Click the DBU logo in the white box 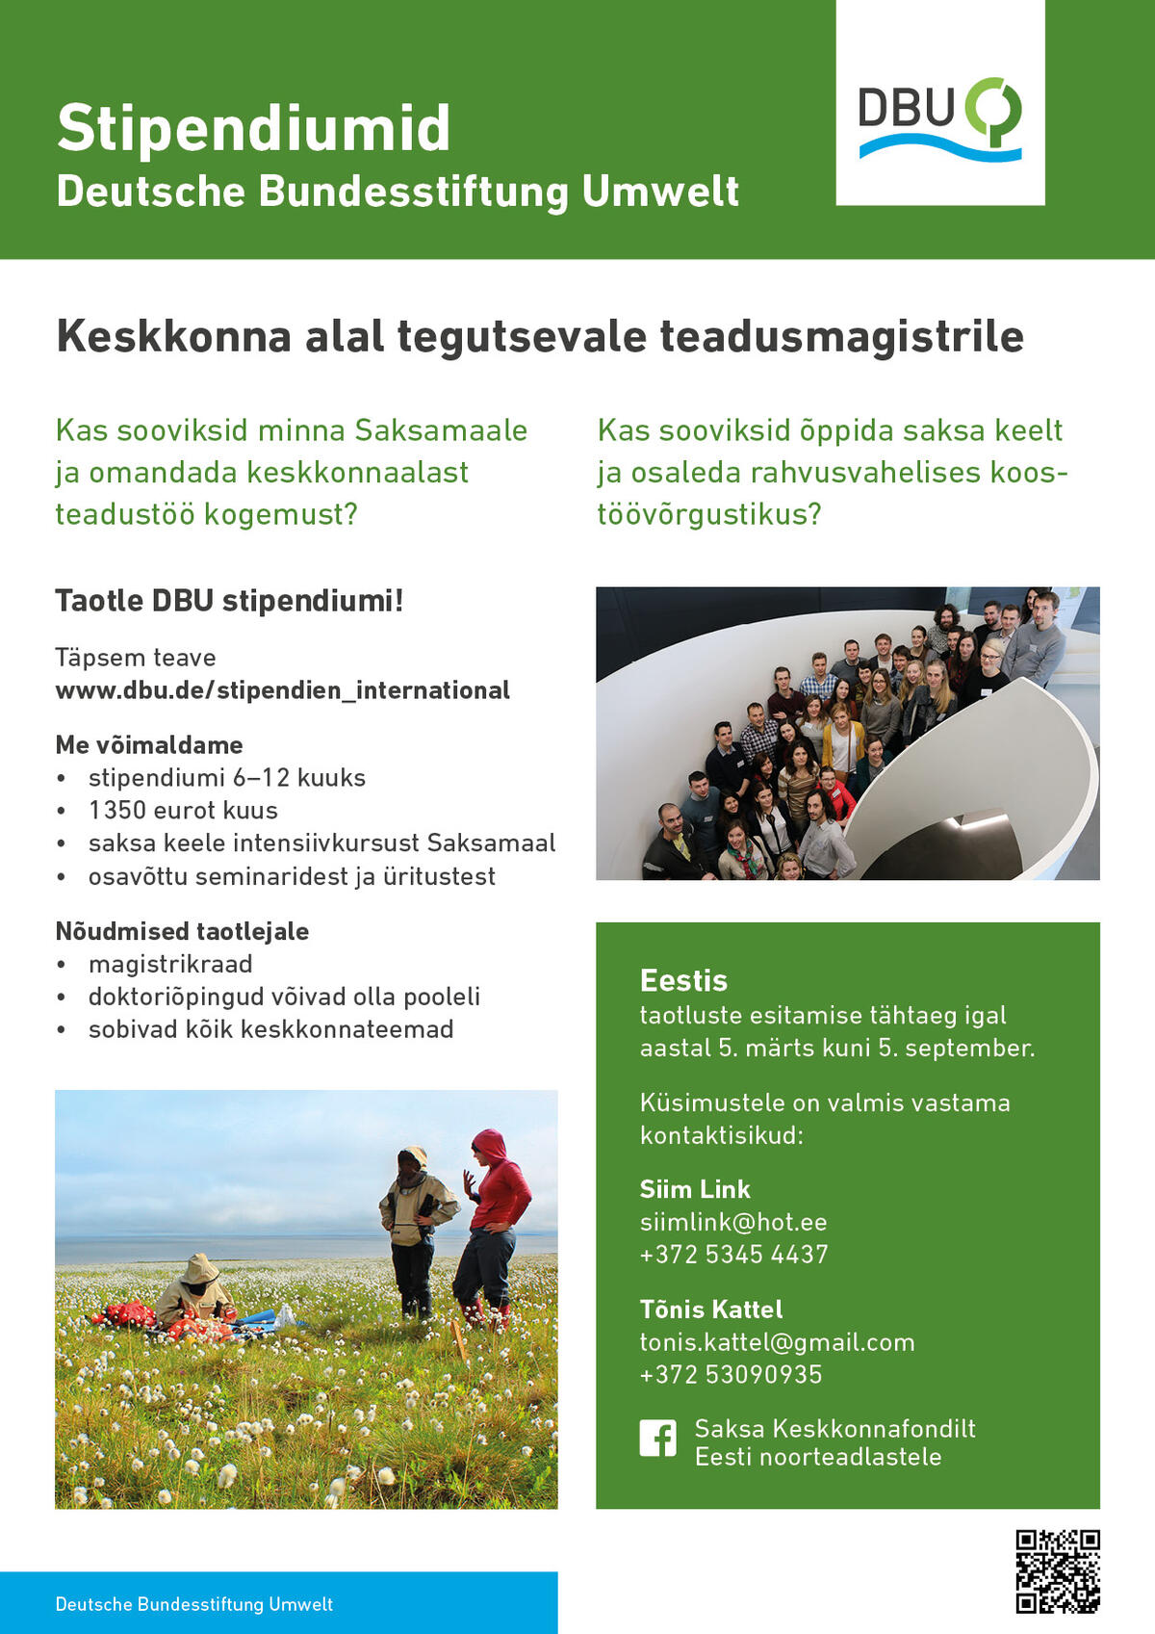939,117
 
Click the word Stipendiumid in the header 254,128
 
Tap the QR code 1058,1571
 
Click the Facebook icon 658,1439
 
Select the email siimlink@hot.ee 733,1222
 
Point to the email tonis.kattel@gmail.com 777,1342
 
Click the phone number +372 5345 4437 733,1255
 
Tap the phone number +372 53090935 731,1375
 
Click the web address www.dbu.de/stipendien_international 282,690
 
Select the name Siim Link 695,1189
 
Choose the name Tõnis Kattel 711,1310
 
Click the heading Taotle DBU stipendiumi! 229,601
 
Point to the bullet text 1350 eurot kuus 183,811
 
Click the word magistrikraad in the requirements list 170,964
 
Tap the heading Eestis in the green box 683,980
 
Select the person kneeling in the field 195,1293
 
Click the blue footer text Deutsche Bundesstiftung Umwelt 194,1604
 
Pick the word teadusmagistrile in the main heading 841,337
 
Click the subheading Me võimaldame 149,745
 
